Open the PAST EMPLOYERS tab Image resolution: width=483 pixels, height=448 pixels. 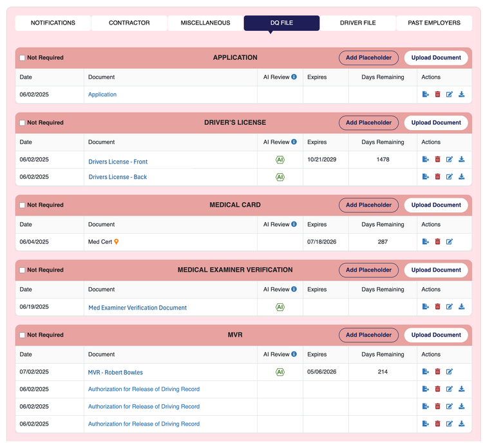tap(434, 23)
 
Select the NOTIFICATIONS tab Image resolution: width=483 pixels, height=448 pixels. tap(53, 23)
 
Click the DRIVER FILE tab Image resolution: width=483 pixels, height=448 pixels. tap(357, 23)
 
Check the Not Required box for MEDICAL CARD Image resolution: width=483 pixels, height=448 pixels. tap(22, 205)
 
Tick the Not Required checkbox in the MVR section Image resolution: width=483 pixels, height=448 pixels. tap(22, 335)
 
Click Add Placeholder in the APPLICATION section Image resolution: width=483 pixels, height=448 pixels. tap(368, 58)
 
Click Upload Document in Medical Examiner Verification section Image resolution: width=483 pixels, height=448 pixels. tap(436, 270)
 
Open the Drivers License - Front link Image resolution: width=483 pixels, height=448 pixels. tap(118, 162)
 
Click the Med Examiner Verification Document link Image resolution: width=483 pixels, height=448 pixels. tap(137, 308)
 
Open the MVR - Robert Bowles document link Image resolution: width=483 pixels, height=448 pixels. tap(115, 372)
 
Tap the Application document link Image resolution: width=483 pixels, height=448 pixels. tap(102, 95)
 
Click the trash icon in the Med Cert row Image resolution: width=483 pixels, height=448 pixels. tap(437, 242)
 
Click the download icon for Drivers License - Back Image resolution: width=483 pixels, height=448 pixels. tap(462, 177)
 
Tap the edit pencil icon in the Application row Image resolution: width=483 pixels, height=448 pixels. tap(450, 95)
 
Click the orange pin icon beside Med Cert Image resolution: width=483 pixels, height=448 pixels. tap(116, 242)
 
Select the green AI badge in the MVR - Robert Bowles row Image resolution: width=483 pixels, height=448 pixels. tap(280, 372)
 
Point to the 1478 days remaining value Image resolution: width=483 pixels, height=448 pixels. tap(383, 160)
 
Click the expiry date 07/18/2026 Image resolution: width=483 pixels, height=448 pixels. tap(321, 242)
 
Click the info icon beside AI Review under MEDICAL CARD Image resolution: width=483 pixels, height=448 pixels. tap(294, 224)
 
